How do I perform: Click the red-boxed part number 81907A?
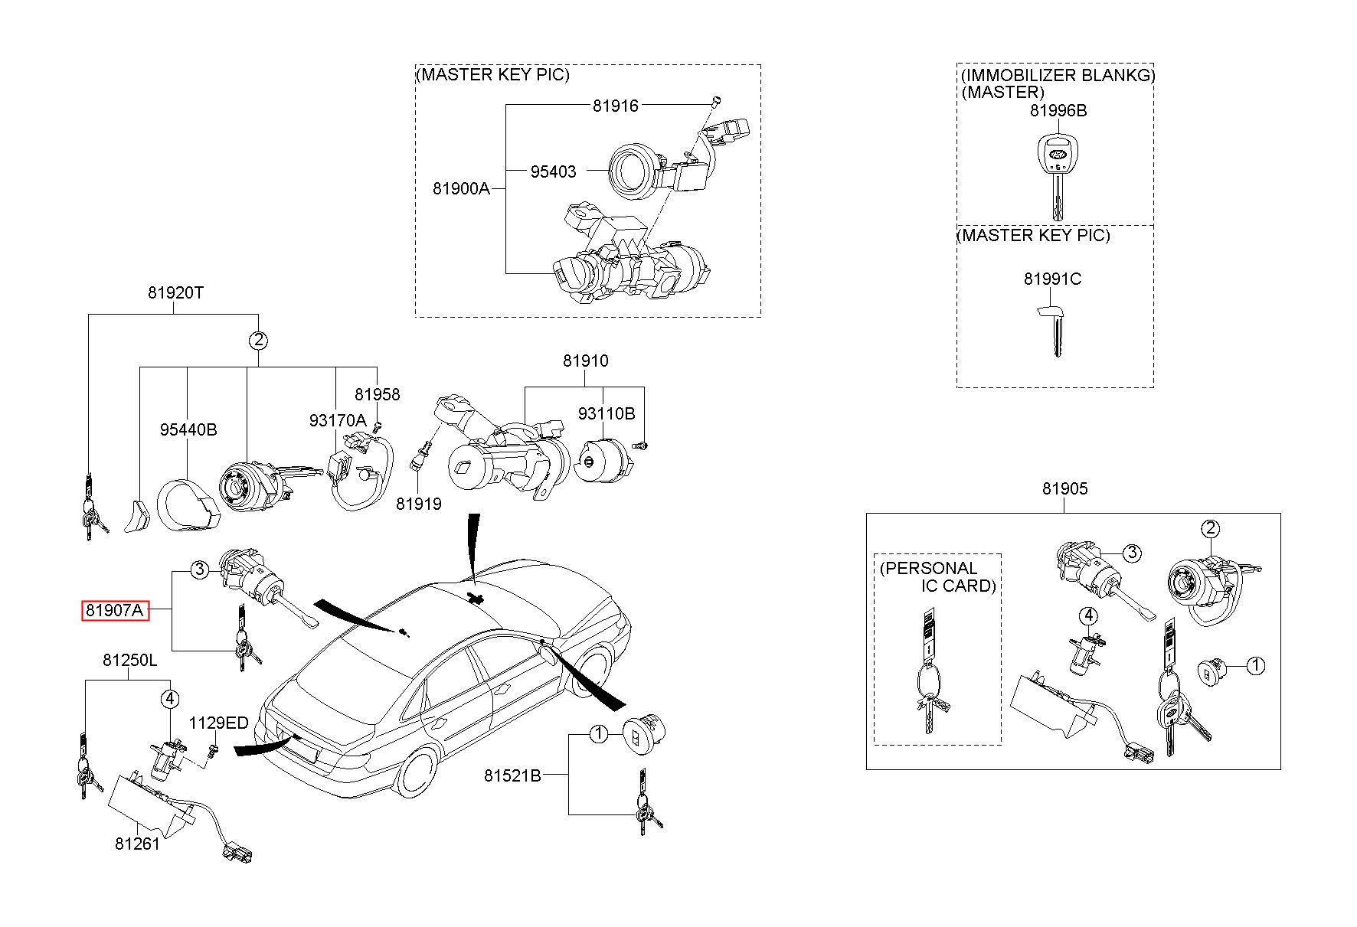115,611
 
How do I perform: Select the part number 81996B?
1058,110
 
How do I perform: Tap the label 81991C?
1052,279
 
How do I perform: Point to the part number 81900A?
461,188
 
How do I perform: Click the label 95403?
553,171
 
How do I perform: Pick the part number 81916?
615,106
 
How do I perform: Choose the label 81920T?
175,292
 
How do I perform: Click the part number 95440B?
188,429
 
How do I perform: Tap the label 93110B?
607,413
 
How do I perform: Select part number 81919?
419,504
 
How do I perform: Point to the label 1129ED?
219,723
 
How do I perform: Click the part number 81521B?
512,775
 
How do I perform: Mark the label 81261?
138,844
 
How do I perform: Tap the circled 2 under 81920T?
259,340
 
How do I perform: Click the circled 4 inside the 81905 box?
1088,615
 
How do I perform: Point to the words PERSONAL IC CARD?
938,577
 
